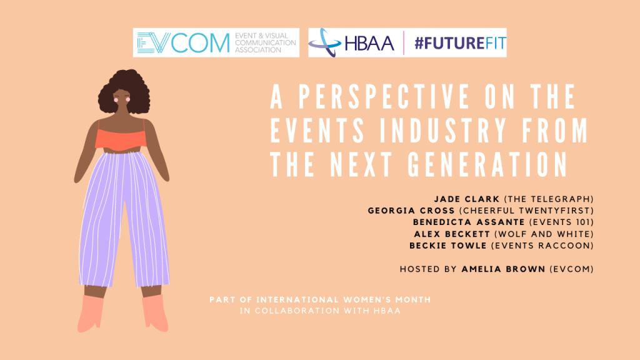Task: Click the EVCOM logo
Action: tap(216, 42)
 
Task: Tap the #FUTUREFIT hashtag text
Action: tap(460, 43)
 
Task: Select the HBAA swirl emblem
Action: tap(324, 42)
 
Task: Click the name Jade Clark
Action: tap(466, 199)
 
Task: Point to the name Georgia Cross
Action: tap(411, 211)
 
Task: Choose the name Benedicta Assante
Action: tap(469, 222)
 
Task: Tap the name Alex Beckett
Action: tap(452, 234)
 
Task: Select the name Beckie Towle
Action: tap(447, 246)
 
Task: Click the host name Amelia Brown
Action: tap(503, 269)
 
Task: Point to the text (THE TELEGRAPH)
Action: tap(549, 199)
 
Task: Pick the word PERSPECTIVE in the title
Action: tap(383, 96)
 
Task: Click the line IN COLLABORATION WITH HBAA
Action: tap(321, 311)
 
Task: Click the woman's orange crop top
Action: tap(121, 139)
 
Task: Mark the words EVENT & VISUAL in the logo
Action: tap(261, 36)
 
